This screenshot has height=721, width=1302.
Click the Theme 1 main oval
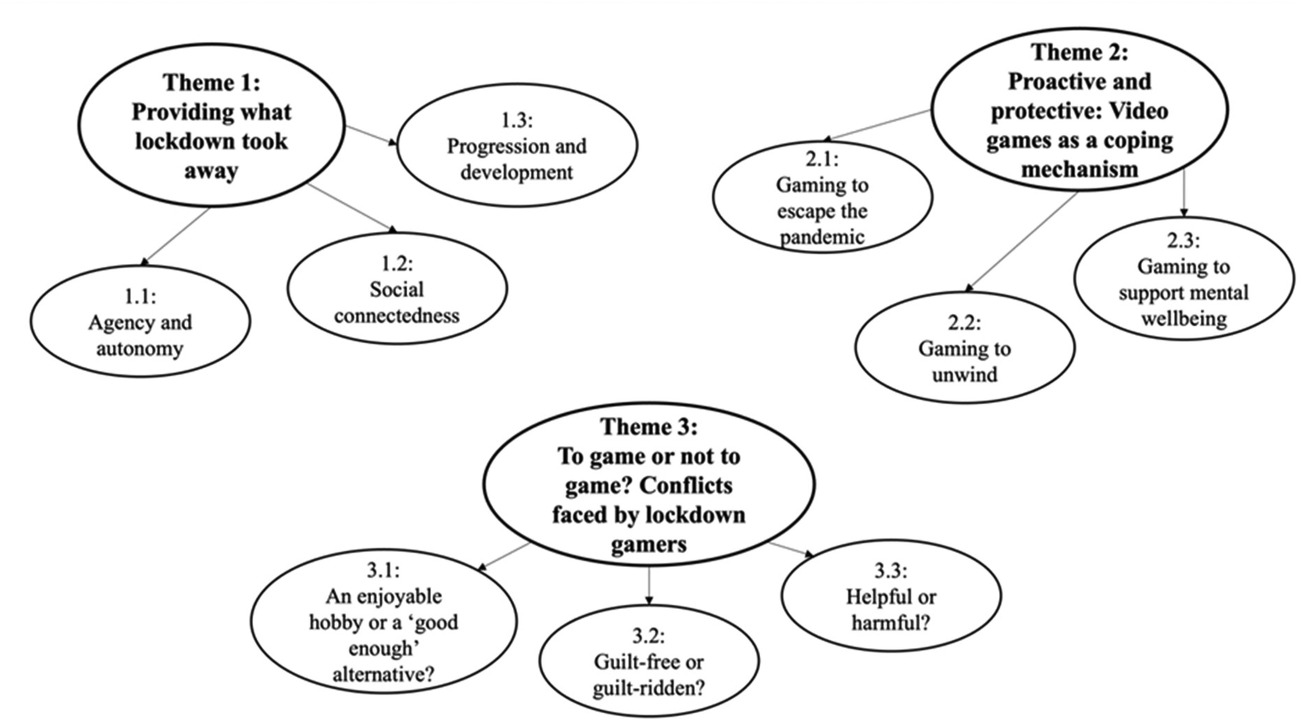211,127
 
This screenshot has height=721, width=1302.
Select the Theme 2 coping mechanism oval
1078,110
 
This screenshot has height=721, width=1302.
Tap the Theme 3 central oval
648,485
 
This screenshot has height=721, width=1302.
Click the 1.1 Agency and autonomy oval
140,323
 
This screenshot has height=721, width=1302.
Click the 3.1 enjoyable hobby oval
383,623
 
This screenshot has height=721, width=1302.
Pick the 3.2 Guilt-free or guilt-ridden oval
649,662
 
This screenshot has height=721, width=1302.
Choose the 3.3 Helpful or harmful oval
890,597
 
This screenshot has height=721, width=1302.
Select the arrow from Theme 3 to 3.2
649,585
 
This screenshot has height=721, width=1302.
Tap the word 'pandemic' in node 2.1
822,237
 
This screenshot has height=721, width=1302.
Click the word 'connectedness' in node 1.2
396,316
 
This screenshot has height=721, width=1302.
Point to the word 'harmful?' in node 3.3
890,623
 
